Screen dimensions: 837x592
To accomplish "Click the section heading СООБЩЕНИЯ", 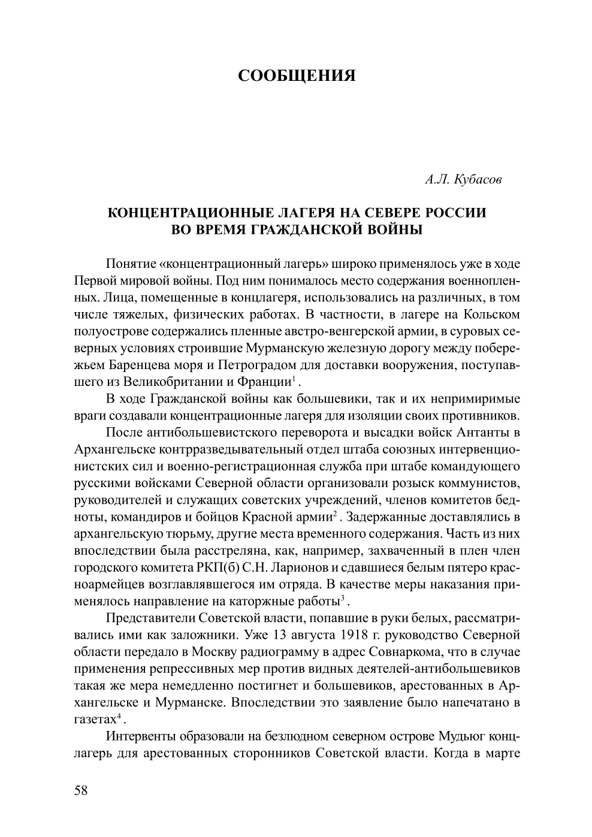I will [297, 76].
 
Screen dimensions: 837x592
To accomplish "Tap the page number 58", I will [81, 790].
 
